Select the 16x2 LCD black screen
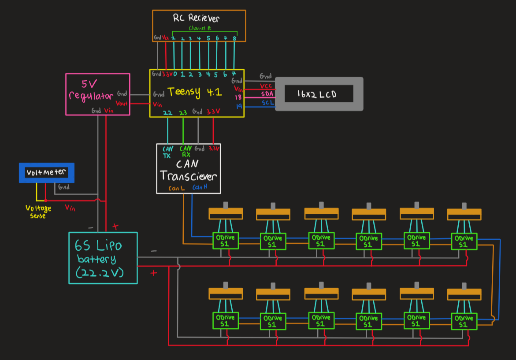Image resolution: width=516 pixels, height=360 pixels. (x=319, y=94)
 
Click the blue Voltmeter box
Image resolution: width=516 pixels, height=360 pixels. (x=46, y=173)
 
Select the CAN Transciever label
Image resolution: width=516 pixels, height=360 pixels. (x=189, y=171)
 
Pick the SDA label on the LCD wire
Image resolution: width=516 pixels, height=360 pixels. (x=266, y=94)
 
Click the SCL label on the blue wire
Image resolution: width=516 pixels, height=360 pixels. (x=267, y=103)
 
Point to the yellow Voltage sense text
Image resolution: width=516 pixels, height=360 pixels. (x=38, y=212)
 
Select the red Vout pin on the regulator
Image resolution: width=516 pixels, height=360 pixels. (x=121, y=103)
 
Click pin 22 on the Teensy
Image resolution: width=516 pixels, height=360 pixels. (x=167, y=113)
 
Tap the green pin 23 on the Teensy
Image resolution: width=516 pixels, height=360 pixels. (x=183, y=113)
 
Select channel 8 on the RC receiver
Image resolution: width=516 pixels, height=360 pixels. (x=234, y=38)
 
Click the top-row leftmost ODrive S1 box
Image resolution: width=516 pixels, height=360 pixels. (x=226, y=241)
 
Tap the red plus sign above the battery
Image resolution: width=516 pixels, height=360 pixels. (x=115, y=227)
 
